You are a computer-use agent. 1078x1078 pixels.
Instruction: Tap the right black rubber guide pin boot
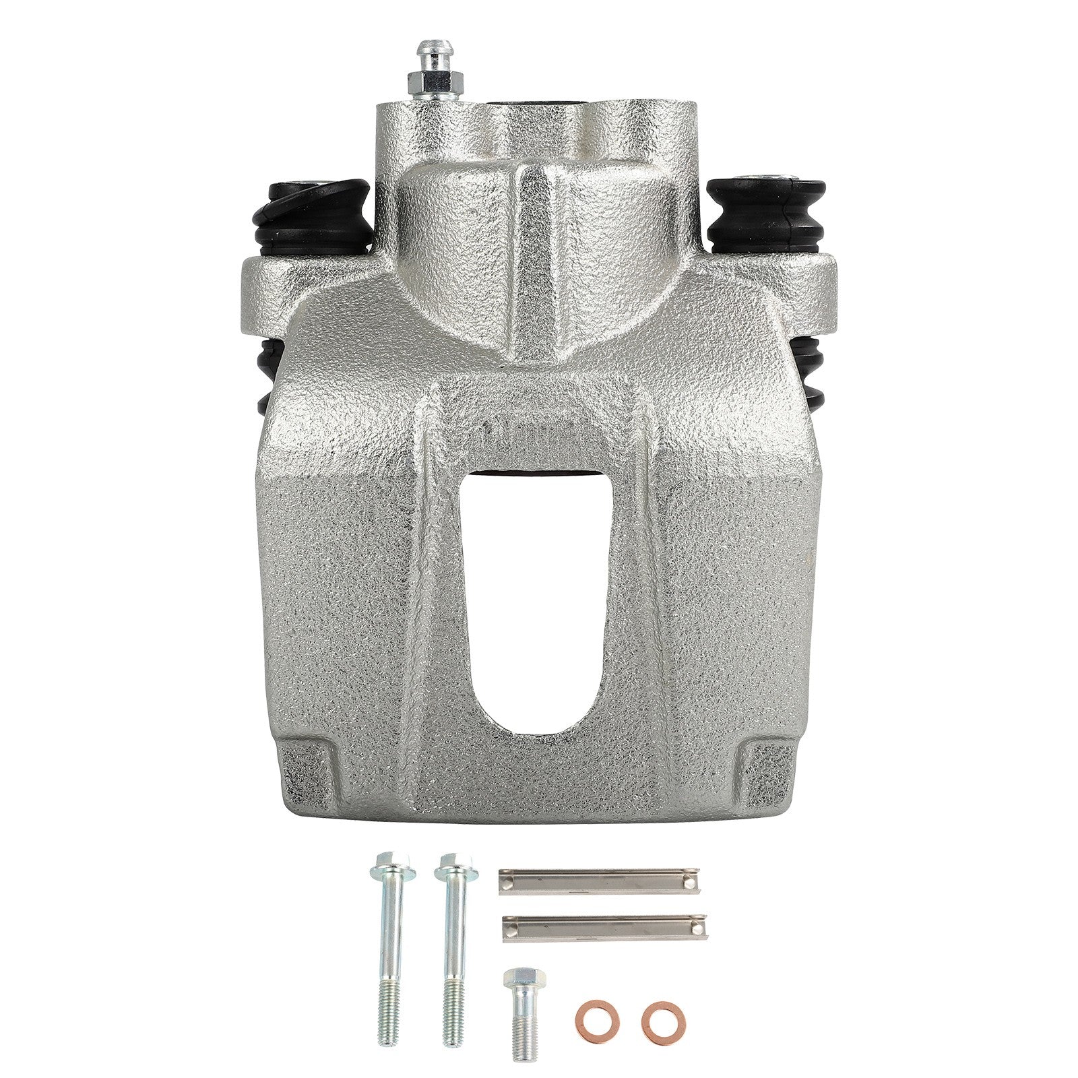pyautogui.click(x=766, y=214)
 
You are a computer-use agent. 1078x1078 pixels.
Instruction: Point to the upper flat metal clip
pyautogui.click(x=598, y=881)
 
